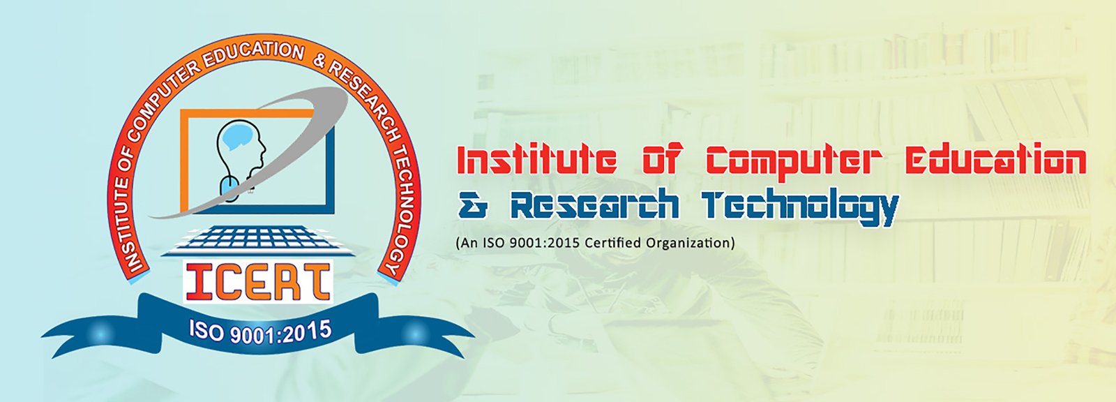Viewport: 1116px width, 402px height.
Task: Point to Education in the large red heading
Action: click(x=995, y=161)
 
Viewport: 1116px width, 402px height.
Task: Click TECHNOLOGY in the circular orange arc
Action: click(x=402, y=209)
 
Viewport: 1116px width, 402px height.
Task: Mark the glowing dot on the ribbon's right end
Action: click(x=416, y=333)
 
